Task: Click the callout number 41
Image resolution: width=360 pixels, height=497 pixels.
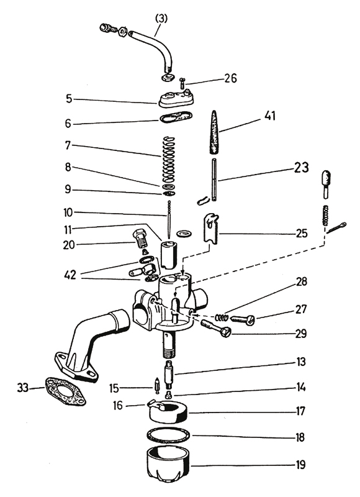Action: point(269,116)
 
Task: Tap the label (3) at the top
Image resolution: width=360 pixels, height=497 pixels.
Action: point(161,19)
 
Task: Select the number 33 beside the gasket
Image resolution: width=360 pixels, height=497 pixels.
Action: point(23,388)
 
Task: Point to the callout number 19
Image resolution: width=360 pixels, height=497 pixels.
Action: point(300,465)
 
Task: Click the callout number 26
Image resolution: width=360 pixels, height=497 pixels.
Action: point(230,78)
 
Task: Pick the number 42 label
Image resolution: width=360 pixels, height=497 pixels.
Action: point(70,275)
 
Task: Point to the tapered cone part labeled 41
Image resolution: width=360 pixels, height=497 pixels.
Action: point(215,132)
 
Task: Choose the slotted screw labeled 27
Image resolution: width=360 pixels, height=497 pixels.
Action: point(243,319)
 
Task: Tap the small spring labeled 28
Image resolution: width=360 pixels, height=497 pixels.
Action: point(222,316)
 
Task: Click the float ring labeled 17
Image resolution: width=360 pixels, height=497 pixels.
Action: point(168,413)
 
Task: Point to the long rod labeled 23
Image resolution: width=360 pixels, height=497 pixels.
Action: point(215,180)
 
